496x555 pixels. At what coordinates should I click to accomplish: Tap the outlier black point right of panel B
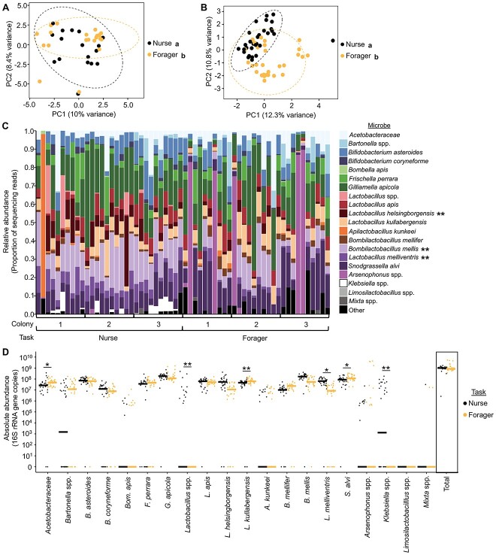(332, 41)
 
